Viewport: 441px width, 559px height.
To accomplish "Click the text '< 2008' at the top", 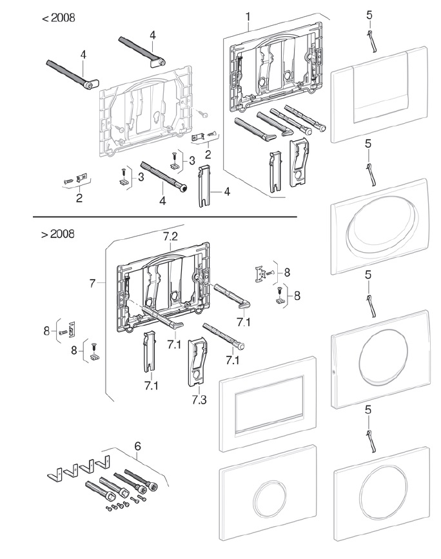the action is coord(59,18).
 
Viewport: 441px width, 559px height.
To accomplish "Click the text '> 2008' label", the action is coord(58,234).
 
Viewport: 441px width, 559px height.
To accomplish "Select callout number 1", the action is coord(248,17).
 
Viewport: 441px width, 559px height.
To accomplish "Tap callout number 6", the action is coord(137,446).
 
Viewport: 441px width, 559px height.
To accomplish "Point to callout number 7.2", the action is coord(170,237).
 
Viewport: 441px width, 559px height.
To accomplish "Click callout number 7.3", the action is coord(199,400).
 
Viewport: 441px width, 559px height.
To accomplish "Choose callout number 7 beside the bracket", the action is coord(93,284).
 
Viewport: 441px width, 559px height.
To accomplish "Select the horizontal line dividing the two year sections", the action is coord(164,217).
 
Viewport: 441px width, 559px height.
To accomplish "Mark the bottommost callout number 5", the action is coord(368,410).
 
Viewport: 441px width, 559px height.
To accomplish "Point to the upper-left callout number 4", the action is coord(83,55).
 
